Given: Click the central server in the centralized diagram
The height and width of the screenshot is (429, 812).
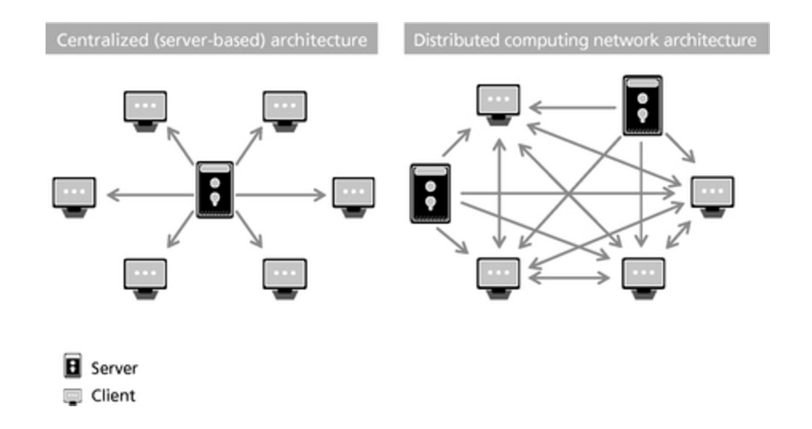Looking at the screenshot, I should [215, 189].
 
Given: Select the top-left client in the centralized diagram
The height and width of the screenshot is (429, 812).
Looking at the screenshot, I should [145, 109].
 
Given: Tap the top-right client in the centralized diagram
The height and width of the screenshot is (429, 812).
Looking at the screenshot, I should [284, 109].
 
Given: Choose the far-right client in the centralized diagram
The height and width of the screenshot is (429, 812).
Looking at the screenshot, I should [354, 194].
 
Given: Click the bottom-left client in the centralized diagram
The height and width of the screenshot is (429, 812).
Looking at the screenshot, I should [145, 274].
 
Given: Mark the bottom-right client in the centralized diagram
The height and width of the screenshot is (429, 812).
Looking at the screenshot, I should [284, 274].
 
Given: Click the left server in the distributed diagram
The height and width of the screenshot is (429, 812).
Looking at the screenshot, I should [428, 193].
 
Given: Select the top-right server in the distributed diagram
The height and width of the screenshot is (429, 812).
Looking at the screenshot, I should [642, 106].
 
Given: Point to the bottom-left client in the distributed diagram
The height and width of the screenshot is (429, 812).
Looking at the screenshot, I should [498, 274].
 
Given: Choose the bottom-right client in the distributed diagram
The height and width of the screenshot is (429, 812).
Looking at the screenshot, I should [642, 274].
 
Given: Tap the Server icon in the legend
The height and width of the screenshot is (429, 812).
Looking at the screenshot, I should [67, 369].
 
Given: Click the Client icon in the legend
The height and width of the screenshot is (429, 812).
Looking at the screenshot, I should [67, 396].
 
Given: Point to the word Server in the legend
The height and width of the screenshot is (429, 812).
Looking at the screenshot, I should [113, 369].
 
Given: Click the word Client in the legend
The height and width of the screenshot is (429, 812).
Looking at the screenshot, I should [111, 396].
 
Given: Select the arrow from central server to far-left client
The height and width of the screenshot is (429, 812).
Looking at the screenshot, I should [150, 194].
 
